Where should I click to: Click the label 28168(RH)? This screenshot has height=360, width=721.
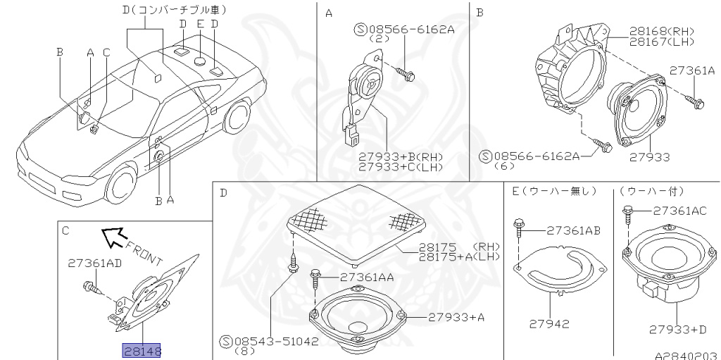(x=652, y=32)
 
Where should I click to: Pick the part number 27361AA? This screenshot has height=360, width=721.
(x=366, y=278)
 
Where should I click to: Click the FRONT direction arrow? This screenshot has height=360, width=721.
(x=112, y=238)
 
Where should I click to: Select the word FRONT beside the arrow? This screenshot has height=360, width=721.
(x=145, y=252)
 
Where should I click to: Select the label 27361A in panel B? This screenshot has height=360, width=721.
(x=691, y=70)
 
